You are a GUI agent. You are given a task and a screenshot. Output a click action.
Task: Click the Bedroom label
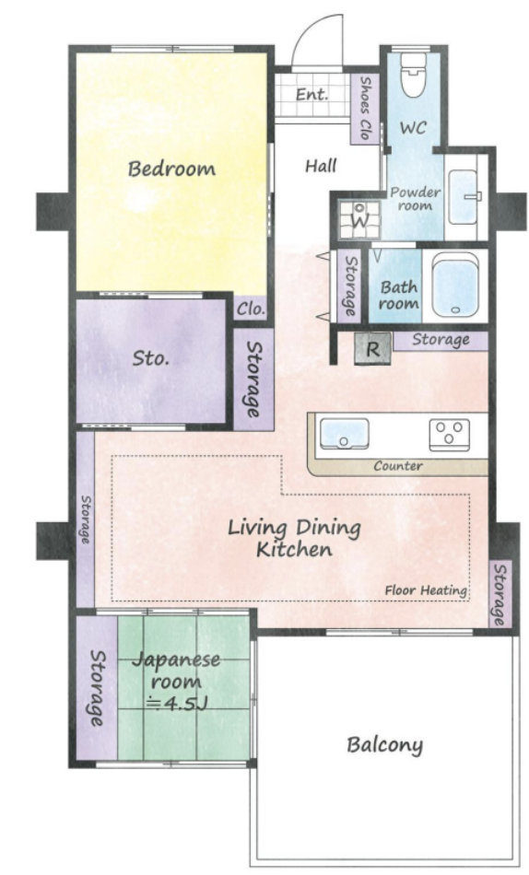171,169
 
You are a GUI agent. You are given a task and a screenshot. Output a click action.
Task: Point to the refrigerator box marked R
372,349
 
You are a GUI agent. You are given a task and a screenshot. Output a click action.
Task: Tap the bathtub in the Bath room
456,285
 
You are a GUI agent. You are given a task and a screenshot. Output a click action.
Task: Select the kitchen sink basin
344,434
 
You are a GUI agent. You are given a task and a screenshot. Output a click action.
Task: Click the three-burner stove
450,434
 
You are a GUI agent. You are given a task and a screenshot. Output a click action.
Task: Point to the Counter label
398,466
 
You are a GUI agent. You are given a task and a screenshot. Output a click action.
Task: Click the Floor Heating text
426,590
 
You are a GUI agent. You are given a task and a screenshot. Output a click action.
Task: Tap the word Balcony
385,745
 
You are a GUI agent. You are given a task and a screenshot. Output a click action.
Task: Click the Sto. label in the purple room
151,357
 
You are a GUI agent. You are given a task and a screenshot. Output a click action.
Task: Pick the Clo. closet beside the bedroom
250,308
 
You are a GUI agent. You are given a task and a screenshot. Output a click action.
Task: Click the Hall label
322,166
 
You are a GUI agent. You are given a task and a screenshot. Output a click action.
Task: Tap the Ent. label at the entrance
312,94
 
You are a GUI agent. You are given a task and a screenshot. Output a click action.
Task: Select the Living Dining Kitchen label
294,539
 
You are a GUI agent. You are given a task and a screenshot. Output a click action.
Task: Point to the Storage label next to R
441,340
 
